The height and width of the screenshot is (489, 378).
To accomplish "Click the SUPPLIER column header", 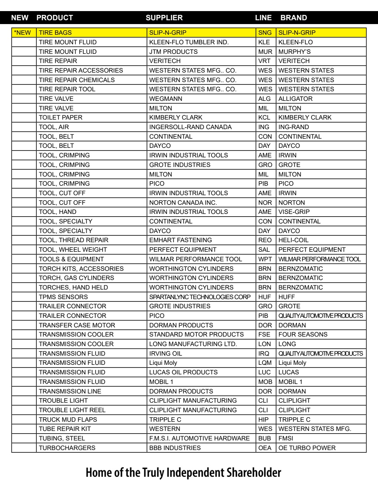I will coord(164,18).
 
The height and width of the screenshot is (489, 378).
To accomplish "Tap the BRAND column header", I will coord(293,18).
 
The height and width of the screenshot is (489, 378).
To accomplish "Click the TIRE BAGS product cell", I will coord(55,32).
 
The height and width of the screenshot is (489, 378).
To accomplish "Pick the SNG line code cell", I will coord(265,32).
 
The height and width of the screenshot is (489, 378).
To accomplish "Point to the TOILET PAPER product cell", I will coord(60,117).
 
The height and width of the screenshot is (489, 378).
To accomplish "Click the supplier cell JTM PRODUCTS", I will coord(173,52).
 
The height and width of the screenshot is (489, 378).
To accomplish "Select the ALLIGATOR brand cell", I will coord(295,99).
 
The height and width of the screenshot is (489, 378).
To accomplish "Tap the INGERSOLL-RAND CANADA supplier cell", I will coord(190,127).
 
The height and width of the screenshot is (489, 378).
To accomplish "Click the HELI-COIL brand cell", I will coord(293,240).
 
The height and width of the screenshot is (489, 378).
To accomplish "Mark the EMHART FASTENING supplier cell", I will coord(180,240).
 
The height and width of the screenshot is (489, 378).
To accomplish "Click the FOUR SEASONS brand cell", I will coord(303,334).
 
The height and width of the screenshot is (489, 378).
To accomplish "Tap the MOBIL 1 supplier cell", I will coord(162,382).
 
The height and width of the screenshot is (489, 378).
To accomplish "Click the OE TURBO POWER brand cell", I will coord(307,448).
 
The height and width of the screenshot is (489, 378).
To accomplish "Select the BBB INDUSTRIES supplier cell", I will coord(175,448).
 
